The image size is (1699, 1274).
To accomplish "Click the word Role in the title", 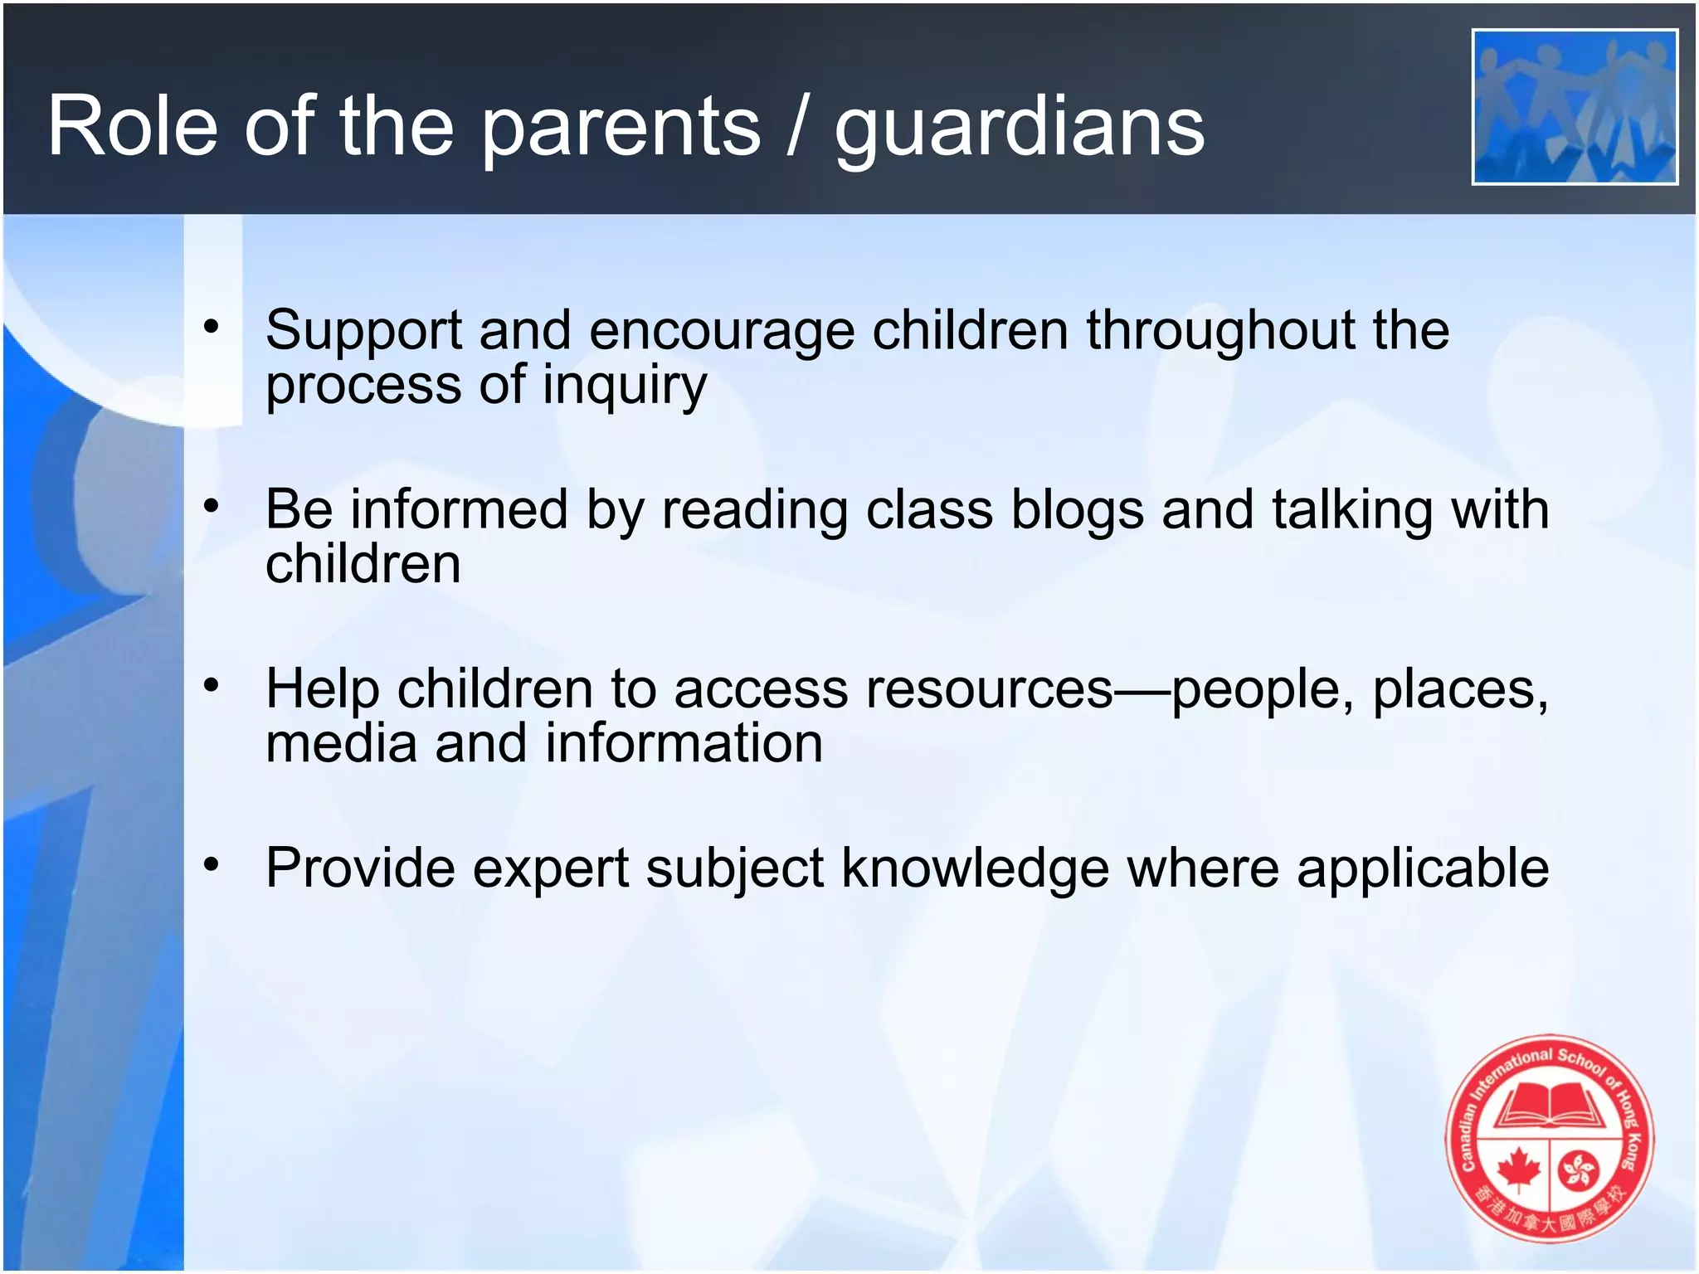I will tap(132, 126).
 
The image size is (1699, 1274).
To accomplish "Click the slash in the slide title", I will tap(796, 126).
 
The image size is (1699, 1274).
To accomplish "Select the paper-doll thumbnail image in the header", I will tap(1575, 107).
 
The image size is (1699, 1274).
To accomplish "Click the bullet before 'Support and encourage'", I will tap(212, 327).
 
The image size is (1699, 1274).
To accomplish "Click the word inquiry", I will tap(624, 387).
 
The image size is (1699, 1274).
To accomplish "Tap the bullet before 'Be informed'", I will tap(212, 506).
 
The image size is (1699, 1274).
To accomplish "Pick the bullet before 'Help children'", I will tap(212, 685).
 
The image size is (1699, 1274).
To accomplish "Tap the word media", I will tap(341, 743).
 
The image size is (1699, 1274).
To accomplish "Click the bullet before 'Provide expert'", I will tap(212, 865).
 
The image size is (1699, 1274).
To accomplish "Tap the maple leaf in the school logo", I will tap(1518, 1169).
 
